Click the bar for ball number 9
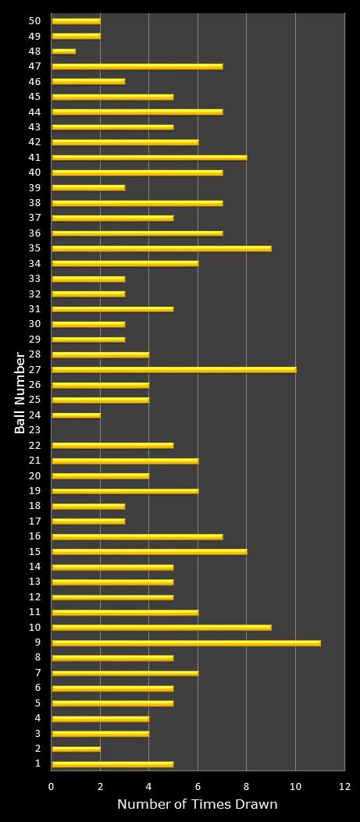[186, 642]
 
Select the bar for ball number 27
[173, 369]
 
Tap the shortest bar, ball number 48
[63, 52]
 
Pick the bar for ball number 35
[161, 248]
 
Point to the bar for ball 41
[149, 157]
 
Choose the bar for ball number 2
[76, 749]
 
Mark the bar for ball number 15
[149, 551]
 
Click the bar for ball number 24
[76, 415]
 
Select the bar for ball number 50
[76, 21]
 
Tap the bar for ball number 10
[161, 627]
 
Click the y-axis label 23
[34, 430]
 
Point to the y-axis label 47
[34, 66]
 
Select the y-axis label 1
[37, 763]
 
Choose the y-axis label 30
[34, 324]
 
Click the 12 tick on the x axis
[344, 787]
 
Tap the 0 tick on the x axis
[52, 787]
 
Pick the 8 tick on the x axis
[247, 787]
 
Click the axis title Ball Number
[20, 393]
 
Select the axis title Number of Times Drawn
[198, 804]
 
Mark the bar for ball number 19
[125, 490]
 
